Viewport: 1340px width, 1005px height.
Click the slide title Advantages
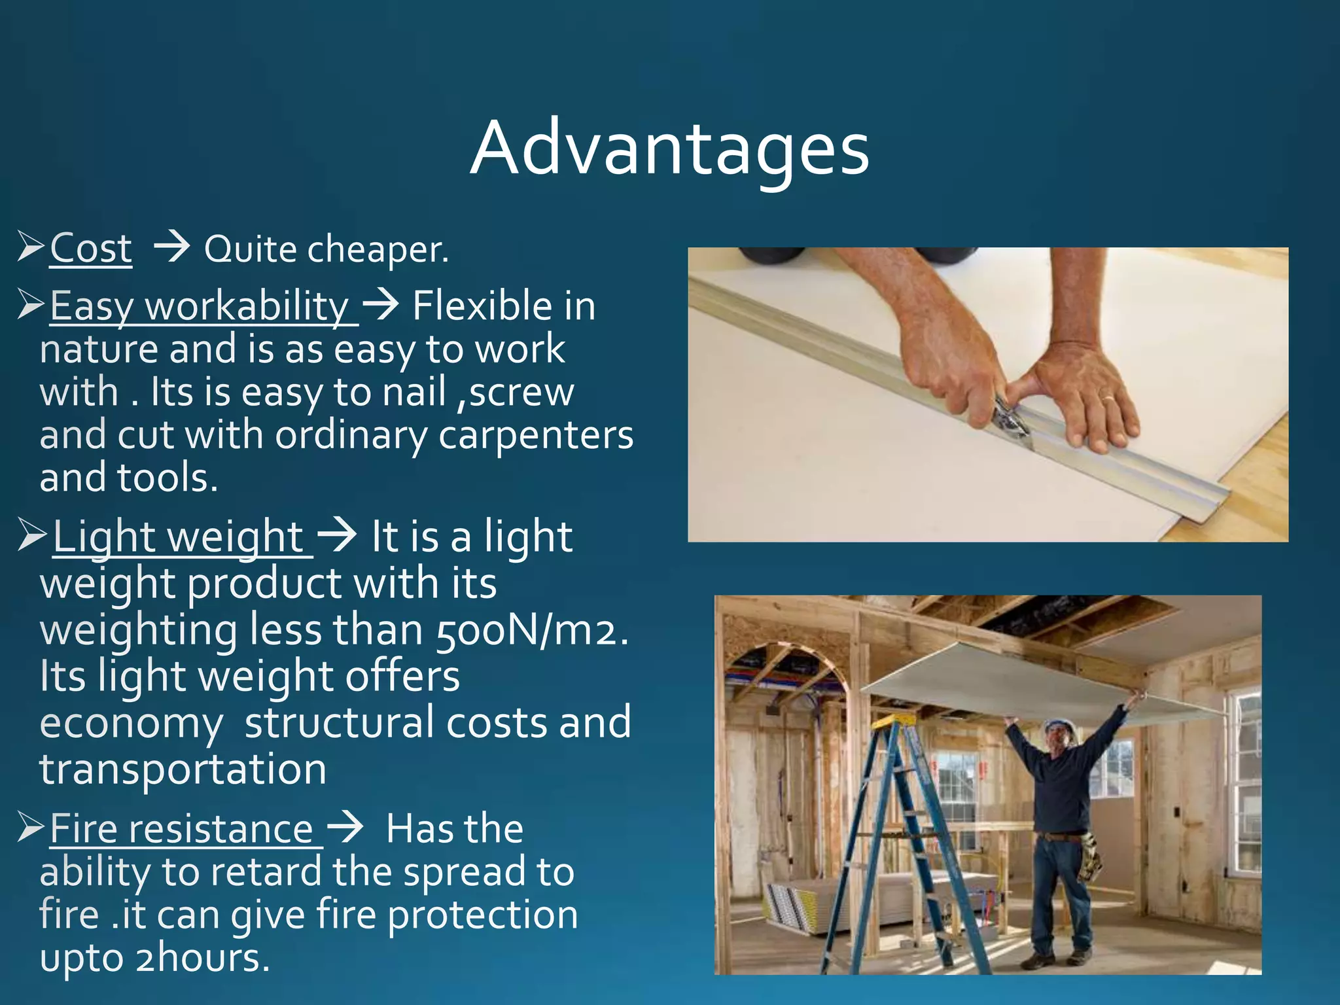pos(669,149)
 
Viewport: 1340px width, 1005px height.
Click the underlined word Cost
pos(91,249)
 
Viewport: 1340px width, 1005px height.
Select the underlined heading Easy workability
pos(200,306)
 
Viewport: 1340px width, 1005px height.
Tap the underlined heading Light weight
pos(178,537)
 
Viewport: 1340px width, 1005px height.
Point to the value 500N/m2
pos(531,631)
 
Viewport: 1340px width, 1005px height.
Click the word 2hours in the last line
pos(202,958)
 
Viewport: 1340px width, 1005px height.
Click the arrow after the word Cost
pos(171,248)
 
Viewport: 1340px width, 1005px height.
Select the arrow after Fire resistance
pos(345,828)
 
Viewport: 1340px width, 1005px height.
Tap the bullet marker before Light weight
pos(31,535)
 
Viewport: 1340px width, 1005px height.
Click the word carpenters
pos(535,435)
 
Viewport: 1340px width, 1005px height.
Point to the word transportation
pos(183,769)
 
